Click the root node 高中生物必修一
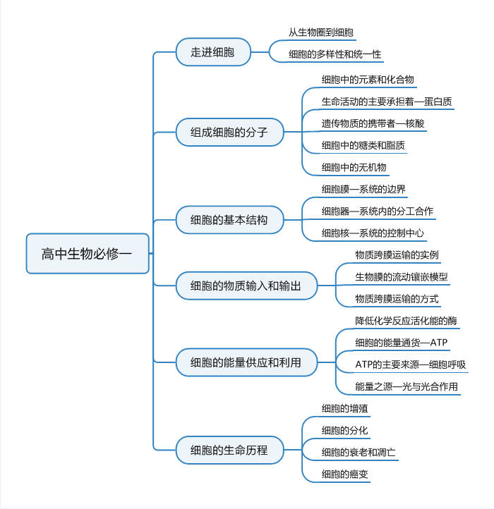88,254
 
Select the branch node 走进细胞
213,52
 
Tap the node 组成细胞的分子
230,132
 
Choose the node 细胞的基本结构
230,220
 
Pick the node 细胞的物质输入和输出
247,286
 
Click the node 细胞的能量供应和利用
247,362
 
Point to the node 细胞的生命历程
230,450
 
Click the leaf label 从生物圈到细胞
321,32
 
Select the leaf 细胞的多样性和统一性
335,54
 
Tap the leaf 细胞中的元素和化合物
368,80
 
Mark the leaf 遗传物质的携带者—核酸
373,123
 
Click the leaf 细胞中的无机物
354,167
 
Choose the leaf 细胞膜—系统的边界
363,189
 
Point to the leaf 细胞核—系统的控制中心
373,233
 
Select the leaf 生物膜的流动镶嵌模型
402,277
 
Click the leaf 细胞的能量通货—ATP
402,343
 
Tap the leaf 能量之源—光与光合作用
406,386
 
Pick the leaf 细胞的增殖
345,408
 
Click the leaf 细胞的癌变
345,474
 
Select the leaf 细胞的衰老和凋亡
359,452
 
